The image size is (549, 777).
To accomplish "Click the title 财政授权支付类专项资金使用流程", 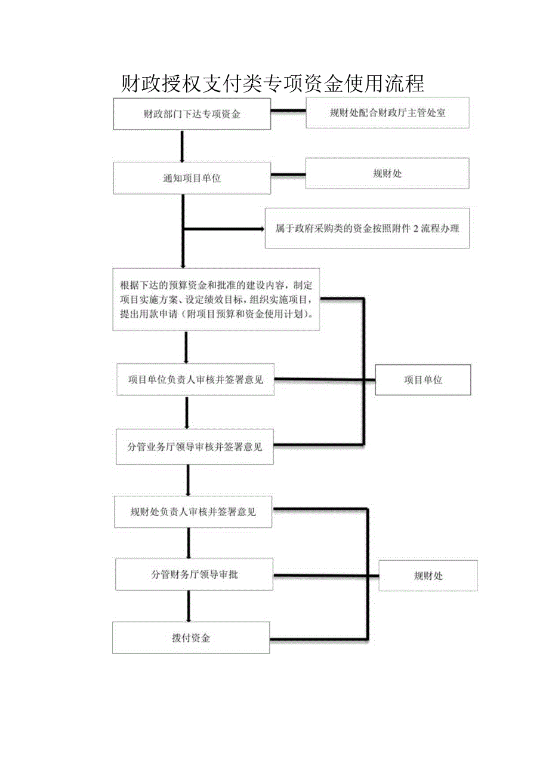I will (x=272, y=84).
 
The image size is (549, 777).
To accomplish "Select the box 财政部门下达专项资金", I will (x=192, y=114).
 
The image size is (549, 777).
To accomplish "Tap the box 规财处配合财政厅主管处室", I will (x=387, y=113).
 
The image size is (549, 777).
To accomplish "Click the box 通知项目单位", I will (x=192, y=178).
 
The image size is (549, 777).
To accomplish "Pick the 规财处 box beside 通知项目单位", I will (x=387, y=174).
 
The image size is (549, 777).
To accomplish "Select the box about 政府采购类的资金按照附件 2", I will (x=367, y=228).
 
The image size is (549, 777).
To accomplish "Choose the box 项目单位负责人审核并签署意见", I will (x=195, y=379).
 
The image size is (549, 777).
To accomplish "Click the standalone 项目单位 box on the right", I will (x=422, y=380).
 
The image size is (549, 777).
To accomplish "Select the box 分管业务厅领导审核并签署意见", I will (x=195, y=446).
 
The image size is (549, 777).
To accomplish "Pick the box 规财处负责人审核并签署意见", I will (x=193, y=512).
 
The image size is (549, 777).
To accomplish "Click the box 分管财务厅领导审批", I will (x=195, y=575).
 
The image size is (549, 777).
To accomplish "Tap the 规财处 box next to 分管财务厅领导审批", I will (x=428, y=576).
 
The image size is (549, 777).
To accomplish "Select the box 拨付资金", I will (x=191, y=638).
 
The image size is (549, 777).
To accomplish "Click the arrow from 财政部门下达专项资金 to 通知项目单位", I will (x=181, y=146).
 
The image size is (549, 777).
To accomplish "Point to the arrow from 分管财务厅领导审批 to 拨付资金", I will (x=189, y=606).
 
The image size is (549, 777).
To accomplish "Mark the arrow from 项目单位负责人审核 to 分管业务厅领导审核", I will (x=187, y=412).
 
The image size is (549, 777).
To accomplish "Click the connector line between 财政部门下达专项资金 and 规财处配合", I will (x=289, y=111).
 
